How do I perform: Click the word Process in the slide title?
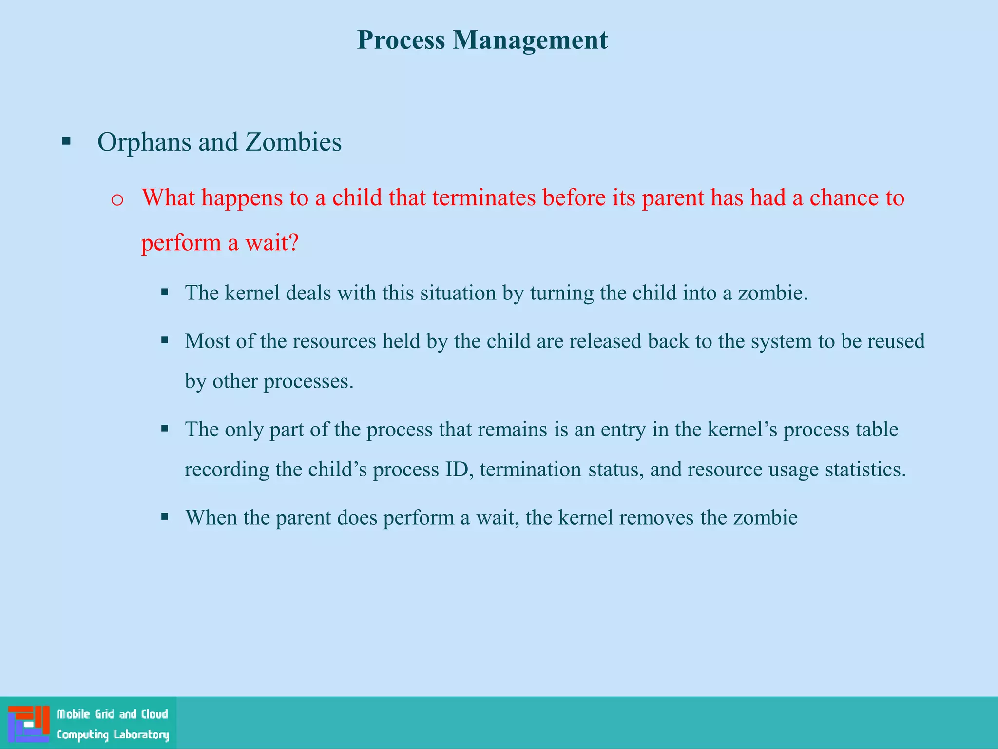coord(401,40)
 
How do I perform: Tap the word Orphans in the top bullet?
coord(144,142)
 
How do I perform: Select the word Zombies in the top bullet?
coord(293,142)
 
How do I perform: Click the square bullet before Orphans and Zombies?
coord(67,142)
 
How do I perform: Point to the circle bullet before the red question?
coord(117,200)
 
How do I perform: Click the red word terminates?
coord(484,198)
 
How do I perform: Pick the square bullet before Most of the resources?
coord(165,340)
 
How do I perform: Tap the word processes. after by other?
coord(308,381)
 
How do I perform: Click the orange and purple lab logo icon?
coord(29,724)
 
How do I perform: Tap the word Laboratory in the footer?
coord(141,735)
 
